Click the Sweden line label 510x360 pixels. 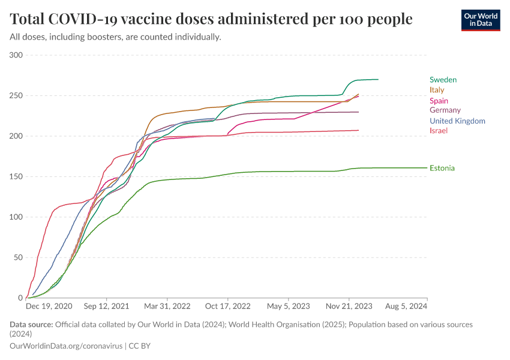click(443, 80)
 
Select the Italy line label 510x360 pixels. click(437, 90)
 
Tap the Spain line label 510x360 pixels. click(439, 101)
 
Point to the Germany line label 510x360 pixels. click(445, 110)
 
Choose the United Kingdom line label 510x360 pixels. click(457, 121)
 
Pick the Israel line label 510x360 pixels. click(439, 131)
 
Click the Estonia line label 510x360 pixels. click(442, 168)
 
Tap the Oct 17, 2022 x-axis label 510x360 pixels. click(229, 306)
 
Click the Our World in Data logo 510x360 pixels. click(481, 20)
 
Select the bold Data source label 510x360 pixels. click(31, 325)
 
